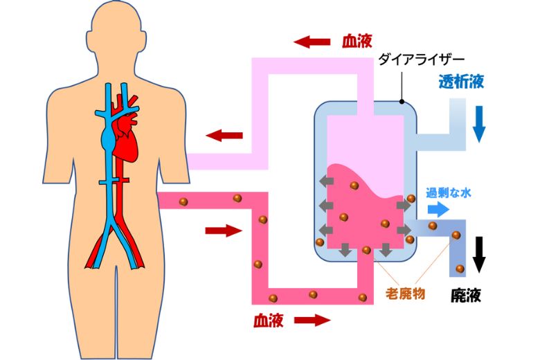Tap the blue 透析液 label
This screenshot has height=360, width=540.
point(460,82)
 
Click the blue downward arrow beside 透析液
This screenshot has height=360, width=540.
point(478,125)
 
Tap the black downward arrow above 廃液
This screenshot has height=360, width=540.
point(478,255)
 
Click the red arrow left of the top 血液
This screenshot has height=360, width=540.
point(312,42)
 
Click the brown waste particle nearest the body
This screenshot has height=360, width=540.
point(183,201)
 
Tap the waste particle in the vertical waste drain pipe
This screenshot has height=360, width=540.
point(460,268)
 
